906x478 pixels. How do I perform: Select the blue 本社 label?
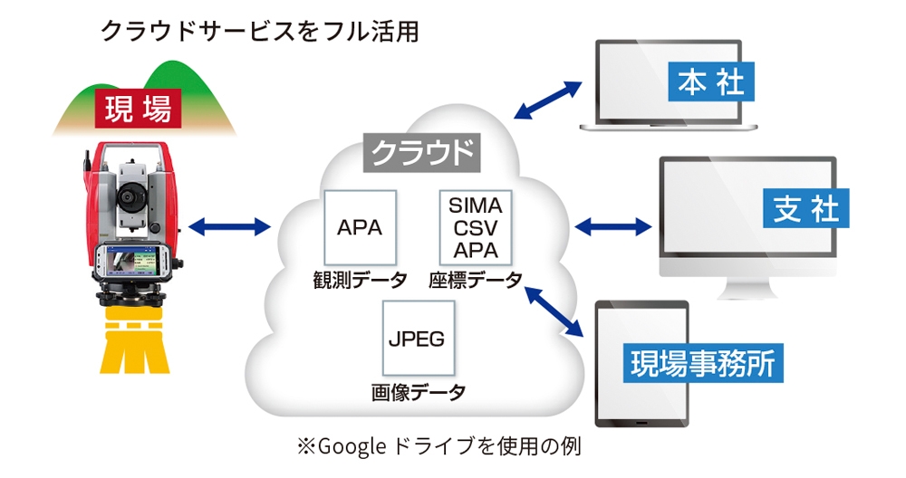coord(711,83)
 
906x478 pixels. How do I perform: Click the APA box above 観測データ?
coord(360,226)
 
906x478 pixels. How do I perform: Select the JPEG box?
coord(418,339)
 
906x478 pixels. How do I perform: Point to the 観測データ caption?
coord(360,280)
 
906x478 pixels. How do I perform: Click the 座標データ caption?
coord(476,280)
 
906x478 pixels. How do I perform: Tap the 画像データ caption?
coord(418,392)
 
